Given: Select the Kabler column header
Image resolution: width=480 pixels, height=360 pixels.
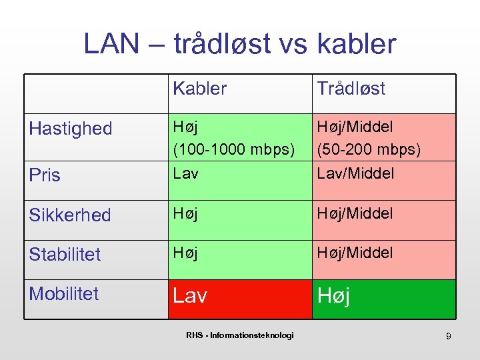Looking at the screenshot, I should [199, 89].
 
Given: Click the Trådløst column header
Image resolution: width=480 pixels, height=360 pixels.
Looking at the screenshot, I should [351, 89].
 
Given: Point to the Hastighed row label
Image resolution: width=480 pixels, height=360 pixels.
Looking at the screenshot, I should [71, 129].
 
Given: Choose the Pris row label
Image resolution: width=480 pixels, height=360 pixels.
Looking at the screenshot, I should [45, 175].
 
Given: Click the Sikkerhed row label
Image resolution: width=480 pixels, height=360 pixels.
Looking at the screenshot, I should [70, 215].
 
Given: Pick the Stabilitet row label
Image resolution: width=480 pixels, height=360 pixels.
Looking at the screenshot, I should [65, 254].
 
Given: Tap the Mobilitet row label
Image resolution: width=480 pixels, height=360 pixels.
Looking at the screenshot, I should [64, 293].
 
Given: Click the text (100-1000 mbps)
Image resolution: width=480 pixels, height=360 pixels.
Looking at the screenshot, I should [233, 150].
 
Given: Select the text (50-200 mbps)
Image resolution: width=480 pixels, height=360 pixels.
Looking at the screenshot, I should [369, 150].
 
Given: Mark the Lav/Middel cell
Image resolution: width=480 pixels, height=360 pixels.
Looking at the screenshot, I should [355, 173].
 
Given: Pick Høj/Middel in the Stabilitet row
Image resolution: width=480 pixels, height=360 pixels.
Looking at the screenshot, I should [355, 253].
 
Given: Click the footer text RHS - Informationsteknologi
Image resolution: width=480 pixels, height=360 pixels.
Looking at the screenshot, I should [239, 335].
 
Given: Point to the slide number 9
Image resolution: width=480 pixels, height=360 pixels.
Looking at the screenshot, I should [448, 337].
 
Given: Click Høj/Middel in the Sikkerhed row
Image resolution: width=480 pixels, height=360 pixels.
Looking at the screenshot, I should [355, 213].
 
